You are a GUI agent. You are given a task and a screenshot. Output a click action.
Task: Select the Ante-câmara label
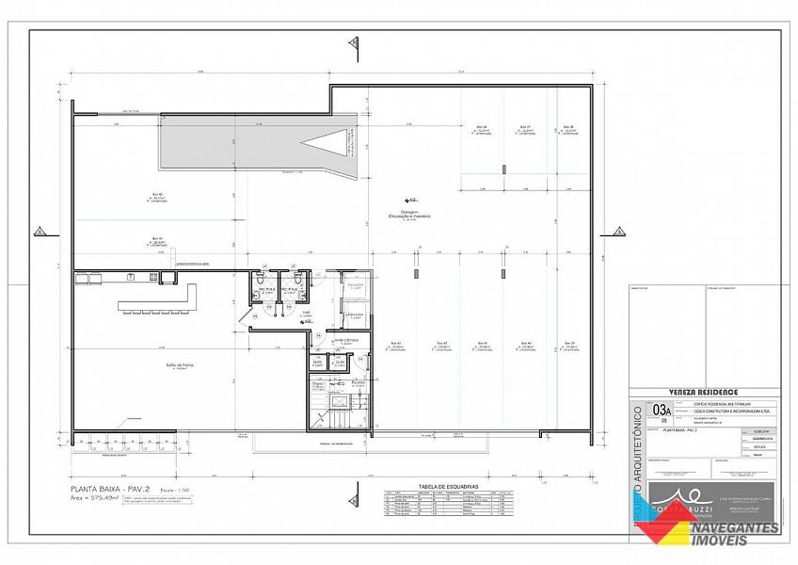(x=346, y=340)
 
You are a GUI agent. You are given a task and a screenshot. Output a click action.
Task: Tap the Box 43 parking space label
(x=395, y=344)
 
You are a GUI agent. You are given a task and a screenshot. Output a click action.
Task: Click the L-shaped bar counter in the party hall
(x=160, y=300)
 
